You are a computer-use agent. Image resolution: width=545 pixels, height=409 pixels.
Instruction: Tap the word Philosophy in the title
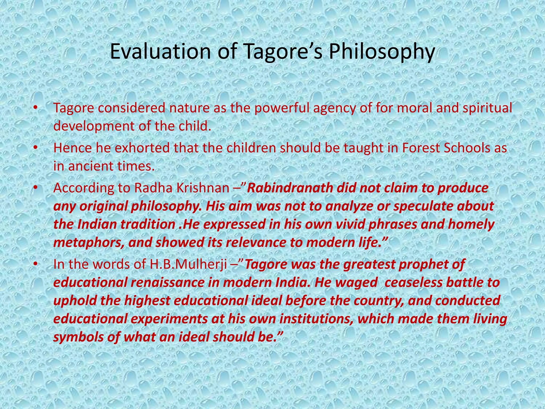click(381, 51)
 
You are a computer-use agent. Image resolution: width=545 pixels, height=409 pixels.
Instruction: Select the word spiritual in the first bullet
click(487, 108)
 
